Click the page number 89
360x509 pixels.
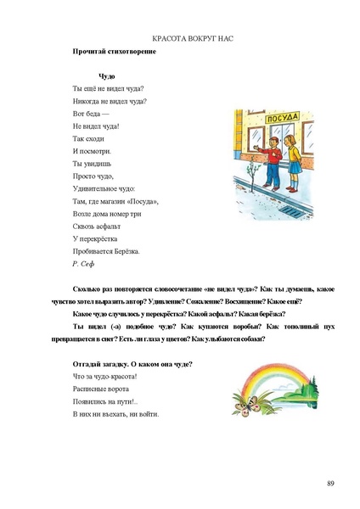330,483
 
